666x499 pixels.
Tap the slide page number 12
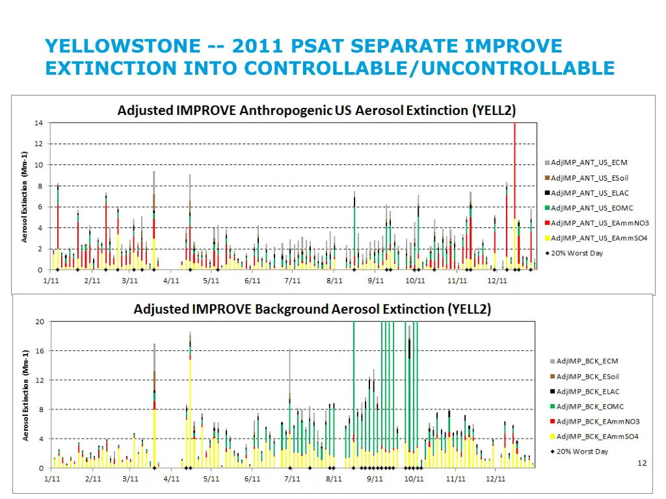pos(642,463)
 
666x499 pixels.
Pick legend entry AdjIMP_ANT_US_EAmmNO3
pos(600,223)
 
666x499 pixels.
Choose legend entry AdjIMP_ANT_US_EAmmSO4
pos(599,238)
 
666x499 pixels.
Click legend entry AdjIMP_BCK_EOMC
pos(590,407)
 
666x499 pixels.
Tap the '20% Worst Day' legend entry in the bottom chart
pos(582,452)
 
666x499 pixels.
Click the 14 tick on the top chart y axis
pos(39,123)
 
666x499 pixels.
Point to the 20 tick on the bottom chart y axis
pos(39,322)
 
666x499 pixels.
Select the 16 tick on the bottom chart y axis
pos(39,351)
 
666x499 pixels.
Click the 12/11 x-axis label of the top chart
pos(497,281)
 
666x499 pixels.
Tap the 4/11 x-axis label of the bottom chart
pos(171,479)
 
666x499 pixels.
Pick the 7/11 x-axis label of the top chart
pos(293,281)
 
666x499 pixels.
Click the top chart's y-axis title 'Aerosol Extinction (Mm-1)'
pos(24,197)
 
